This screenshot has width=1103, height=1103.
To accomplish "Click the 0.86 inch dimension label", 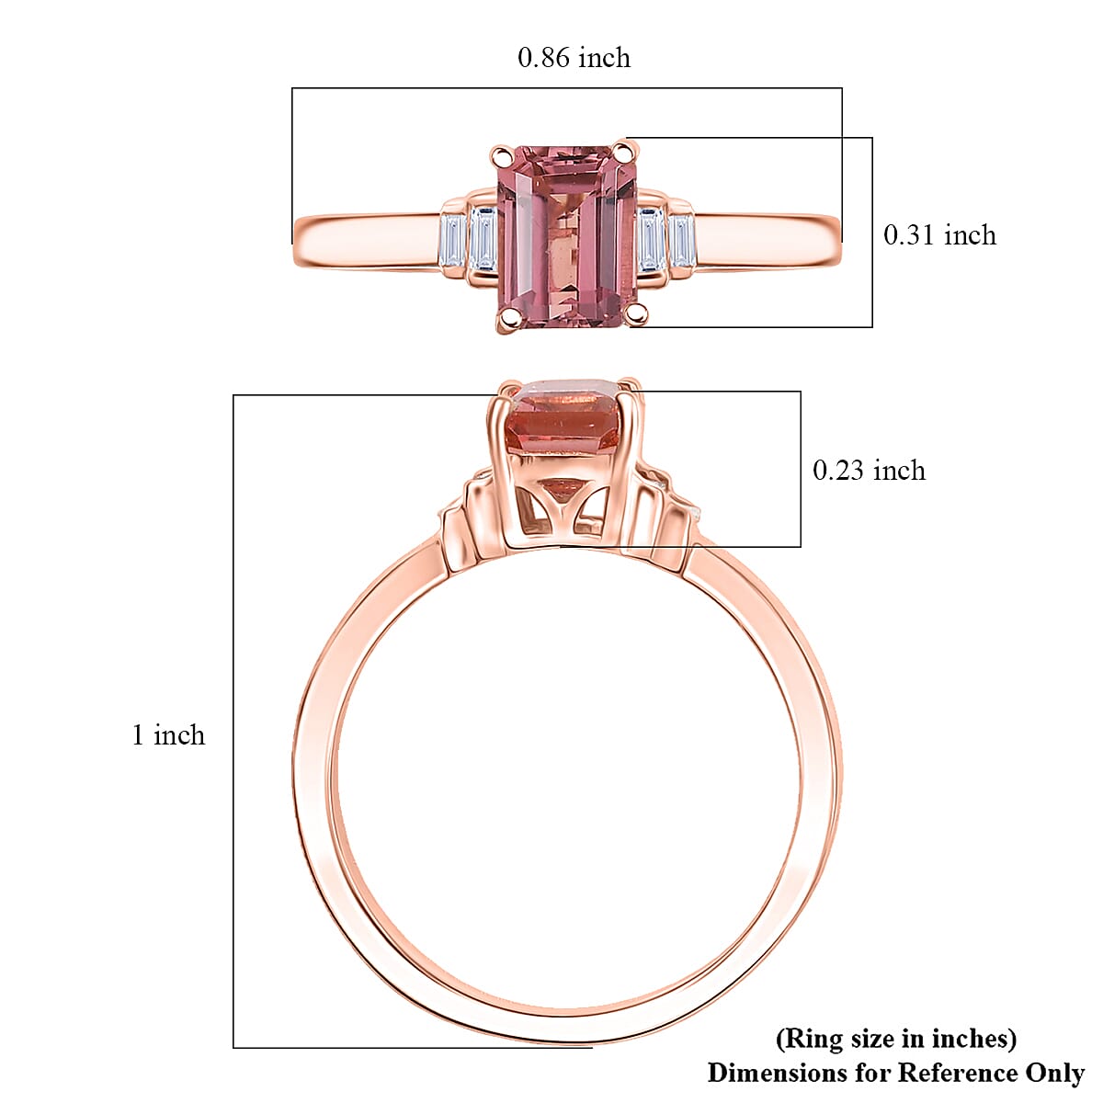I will tap(574, 58).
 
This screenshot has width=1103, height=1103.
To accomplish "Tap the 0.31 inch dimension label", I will tap(938, 235).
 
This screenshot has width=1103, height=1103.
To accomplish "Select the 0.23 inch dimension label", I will tap(868, 471).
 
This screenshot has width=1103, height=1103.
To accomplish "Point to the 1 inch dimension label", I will tap(168, 735).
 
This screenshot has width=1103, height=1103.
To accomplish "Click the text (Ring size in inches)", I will tap(896, 1039).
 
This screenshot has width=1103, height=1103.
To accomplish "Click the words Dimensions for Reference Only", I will tap(895, 1073).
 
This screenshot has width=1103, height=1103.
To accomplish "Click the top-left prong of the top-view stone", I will tap(501, 154).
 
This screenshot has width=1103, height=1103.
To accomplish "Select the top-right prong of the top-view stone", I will tap(625, 150).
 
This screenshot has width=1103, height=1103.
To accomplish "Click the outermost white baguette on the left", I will tap(450, 242).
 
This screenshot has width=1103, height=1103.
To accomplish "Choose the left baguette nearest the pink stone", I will tap(483, 239).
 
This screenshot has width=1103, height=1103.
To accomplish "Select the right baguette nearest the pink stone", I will tap(652, 239).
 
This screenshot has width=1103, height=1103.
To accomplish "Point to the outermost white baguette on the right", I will tap(681, 242).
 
